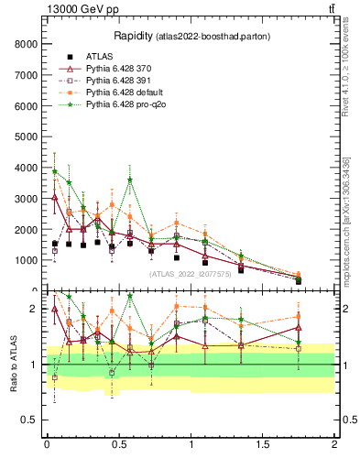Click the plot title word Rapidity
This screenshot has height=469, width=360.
click(133, 36)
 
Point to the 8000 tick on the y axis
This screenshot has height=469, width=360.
click(24, 44)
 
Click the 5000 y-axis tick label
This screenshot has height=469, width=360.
click(24, 136)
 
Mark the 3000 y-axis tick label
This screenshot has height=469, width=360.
click(24, 199)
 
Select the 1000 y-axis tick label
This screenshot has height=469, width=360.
click(24, 260)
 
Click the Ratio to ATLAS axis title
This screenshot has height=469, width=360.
click(12, 363)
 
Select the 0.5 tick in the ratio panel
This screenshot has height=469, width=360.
click(29, 420)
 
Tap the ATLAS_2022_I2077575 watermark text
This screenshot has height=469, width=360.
click(189, 274)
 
